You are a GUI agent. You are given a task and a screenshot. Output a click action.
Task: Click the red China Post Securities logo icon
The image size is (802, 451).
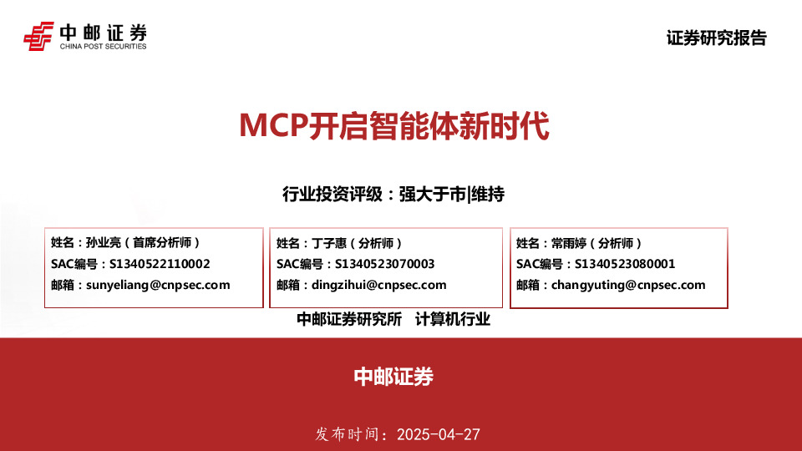tap(38, 35)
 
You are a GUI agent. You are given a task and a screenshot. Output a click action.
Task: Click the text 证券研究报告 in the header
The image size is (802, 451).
tap(716, 38)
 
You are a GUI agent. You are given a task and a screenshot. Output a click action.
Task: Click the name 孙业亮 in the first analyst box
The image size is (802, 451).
tap(104, 243)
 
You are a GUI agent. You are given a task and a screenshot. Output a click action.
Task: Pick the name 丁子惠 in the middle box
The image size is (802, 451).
tap(328, 243)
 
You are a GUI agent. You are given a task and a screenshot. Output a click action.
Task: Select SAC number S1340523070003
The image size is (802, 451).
tap(384, 264)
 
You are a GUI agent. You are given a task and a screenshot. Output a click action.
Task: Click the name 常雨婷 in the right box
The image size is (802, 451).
tap(568, 243)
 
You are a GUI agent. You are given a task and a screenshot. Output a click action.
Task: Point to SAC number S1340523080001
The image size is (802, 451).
tap(624, 264)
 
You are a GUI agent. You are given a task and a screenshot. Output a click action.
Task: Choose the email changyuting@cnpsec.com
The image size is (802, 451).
tap(627, 285)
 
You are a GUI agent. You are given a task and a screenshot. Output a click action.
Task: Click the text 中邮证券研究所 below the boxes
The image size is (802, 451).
tap(349, 319)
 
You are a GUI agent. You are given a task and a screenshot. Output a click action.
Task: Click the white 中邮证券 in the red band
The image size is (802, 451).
tap(393, 377)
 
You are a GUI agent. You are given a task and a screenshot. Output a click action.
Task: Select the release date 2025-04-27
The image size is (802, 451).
tap(439, 435)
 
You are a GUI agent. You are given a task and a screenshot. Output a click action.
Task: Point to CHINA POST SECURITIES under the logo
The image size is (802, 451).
tap(103, 47)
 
